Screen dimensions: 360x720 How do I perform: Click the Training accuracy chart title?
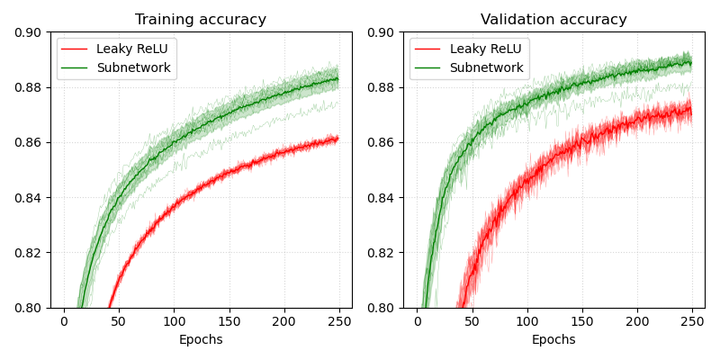tap(201, 20)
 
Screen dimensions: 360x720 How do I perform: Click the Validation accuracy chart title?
tap(553, 20)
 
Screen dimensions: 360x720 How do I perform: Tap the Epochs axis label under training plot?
tap(201, 340)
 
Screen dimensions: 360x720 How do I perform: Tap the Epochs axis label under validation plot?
tap(553, 340)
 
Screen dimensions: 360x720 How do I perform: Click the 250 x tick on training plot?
tap(338, 322)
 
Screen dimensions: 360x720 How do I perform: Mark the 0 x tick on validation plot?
tap(417, 322)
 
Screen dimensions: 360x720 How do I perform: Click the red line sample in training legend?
tap(76, 49)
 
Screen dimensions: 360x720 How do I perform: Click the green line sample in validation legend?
tap(428, 67)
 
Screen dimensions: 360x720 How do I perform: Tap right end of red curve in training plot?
tap(337, 139)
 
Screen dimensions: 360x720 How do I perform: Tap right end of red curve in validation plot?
tap(690, 110)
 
